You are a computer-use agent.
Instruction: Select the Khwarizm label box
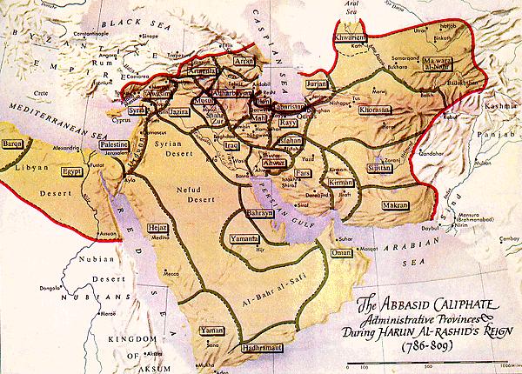(x=356, y=39)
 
